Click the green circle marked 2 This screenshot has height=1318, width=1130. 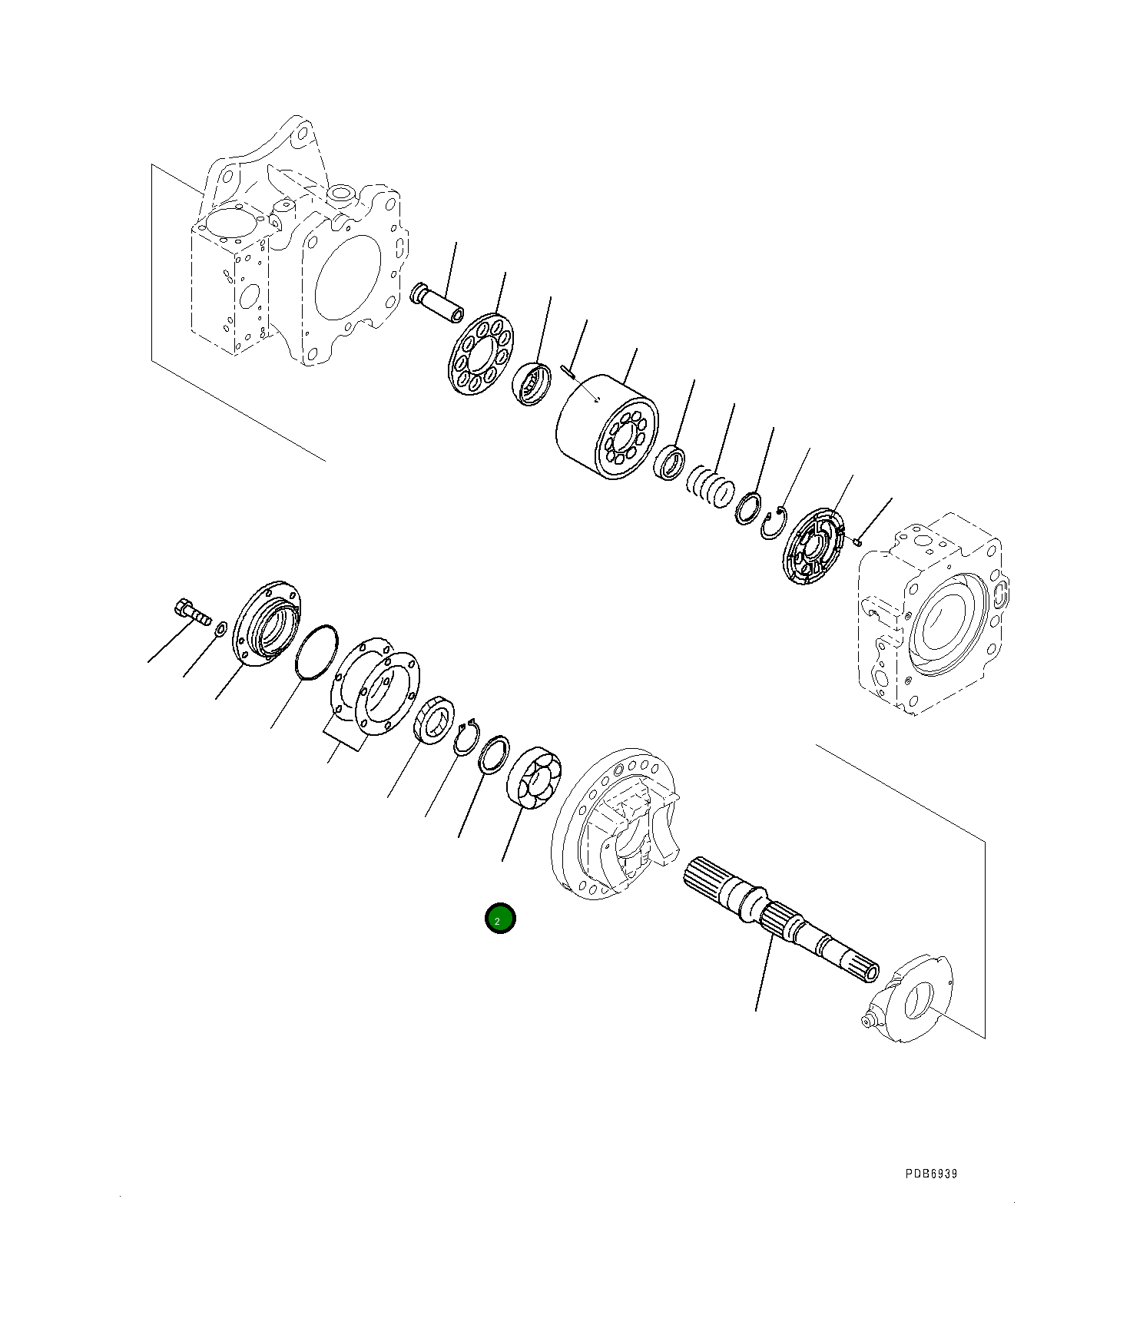point(500,918)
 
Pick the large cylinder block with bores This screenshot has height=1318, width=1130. point(606,428)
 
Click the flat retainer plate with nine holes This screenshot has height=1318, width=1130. point(481,354)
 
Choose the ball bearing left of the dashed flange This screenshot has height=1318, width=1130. point(534,777)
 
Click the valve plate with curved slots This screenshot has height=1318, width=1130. point(817,545)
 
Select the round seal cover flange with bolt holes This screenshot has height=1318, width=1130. point(267,621)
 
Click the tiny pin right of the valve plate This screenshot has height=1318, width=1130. point(857,543)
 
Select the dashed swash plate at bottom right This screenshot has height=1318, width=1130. point(910,998)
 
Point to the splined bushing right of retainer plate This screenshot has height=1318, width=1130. point(532,383)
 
